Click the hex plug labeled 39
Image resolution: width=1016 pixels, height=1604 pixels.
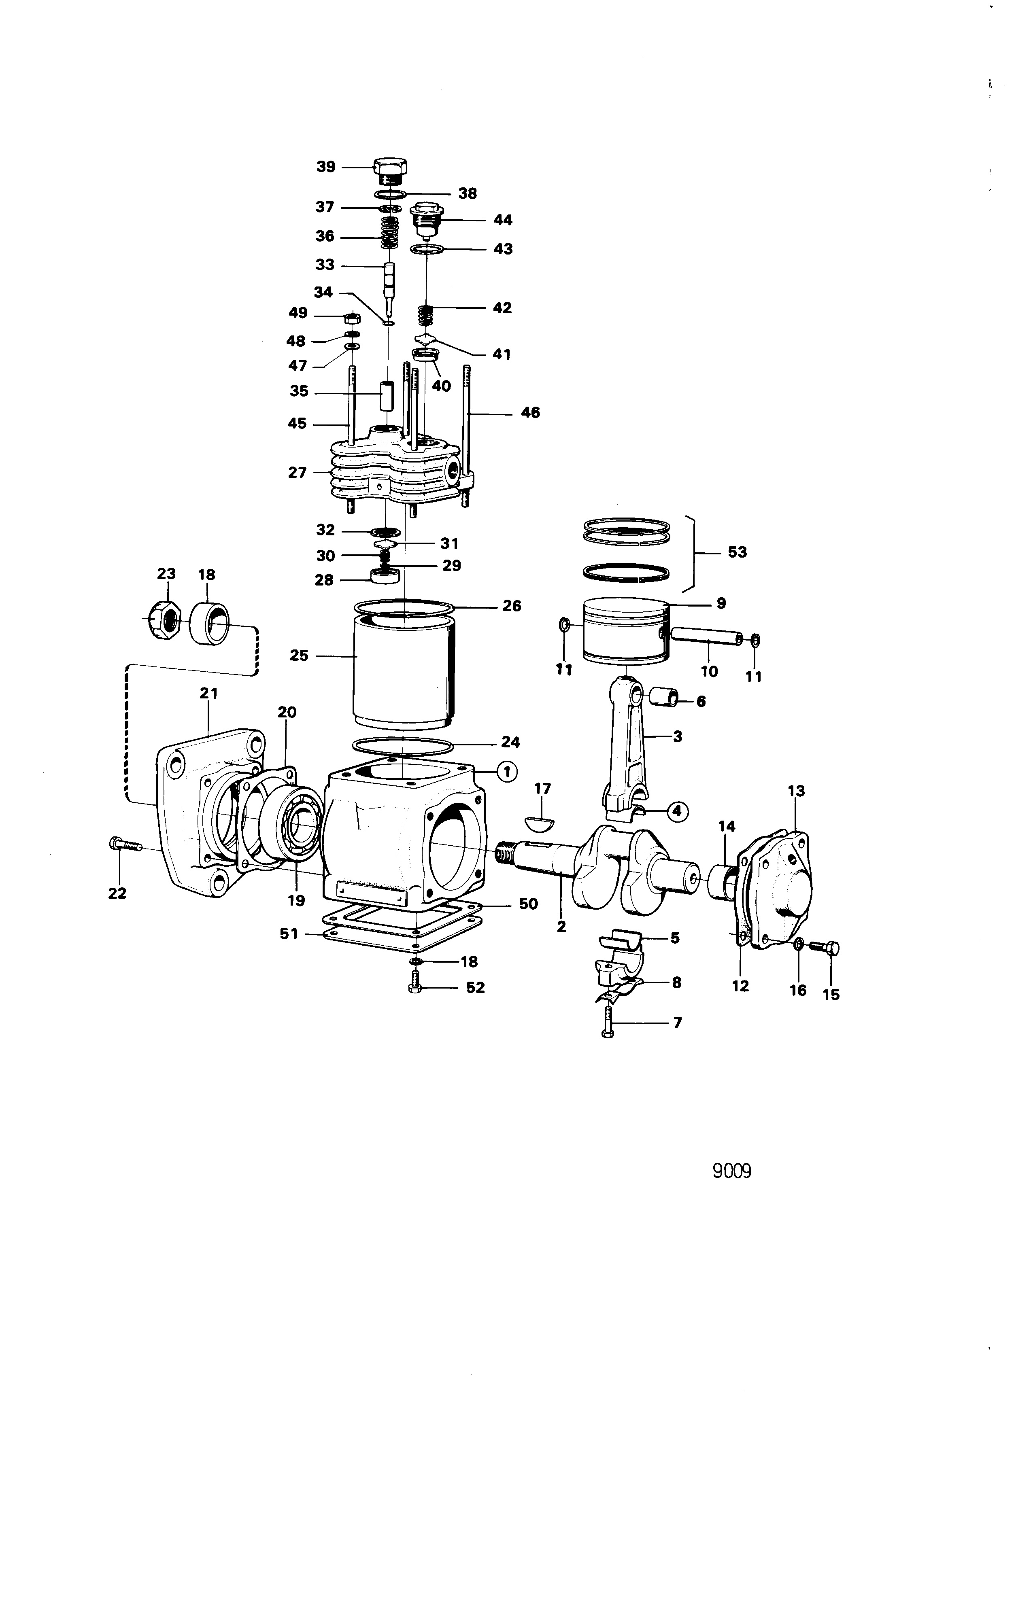390,171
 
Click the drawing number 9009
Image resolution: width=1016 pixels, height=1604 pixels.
731,1171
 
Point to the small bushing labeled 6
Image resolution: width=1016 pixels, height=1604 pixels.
663,698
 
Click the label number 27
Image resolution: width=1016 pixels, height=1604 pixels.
297,472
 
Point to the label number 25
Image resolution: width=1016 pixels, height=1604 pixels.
299,656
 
